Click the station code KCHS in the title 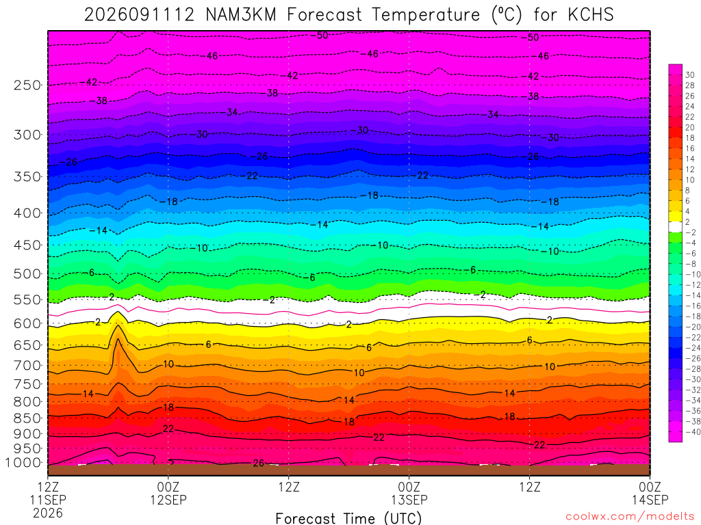591,15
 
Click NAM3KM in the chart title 242,15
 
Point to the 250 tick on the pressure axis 27,85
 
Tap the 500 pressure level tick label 27,273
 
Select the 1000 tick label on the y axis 23,463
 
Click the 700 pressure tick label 27,365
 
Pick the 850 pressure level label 27,418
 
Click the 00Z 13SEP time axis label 409,493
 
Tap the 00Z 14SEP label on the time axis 650,493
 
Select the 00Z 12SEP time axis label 168,493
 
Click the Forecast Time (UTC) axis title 348,518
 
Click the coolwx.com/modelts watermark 630,516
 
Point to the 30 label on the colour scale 690,75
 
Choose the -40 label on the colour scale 693,432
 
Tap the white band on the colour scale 675,227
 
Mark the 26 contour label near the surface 258,463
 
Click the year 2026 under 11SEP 48,513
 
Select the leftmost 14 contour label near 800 88,394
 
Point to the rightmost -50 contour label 531,38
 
